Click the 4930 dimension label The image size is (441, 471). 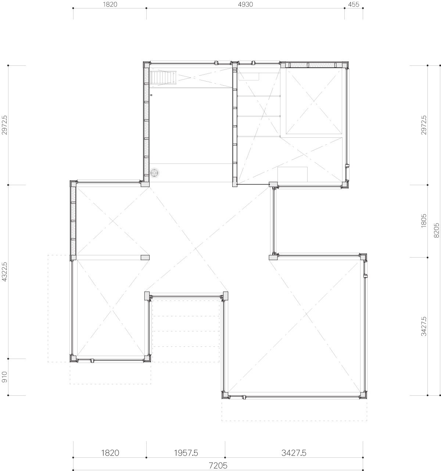245,4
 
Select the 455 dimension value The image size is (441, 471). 354,4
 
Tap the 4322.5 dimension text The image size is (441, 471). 4,272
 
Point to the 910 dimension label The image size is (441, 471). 4,377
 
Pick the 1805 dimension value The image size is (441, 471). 424,221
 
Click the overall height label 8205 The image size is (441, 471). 436,230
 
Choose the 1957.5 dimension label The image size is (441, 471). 186,453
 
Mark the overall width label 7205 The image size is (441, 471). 218,465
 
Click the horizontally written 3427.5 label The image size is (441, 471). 294,453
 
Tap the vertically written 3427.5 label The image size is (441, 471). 424,326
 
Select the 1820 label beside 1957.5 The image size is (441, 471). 110,453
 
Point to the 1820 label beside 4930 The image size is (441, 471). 110,4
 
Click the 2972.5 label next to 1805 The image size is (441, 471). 424,125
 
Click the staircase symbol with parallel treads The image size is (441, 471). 163,77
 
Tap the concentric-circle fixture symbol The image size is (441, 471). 154,173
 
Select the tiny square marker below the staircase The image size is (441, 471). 151,95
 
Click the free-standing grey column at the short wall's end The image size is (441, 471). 145,258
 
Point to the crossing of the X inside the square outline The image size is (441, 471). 314,101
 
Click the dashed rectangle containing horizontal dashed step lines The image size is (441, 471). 186,331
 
